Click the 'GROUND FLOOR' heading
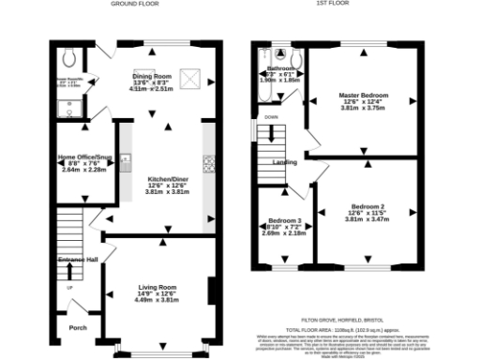click(x=134, y=5)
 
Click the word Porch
click(x=78, y=328)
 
